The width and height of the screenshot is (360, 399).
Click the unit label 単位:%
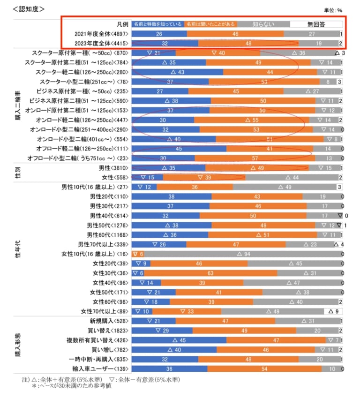(333, 10)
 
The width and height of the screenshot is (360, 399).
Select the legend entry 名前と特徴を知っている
(157, 23)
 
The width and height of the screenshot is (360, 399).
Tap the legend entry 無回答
(316, 24)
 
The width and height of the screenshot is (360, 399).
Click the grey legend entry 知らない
(263, 24)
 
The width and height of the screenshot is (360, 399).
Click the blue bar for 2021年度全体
(159, 34)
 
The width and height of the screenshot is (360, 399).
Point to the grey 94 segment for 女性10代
(240, 254)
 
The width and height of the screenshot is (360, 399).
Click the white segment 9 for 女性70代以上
(333, 311)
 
